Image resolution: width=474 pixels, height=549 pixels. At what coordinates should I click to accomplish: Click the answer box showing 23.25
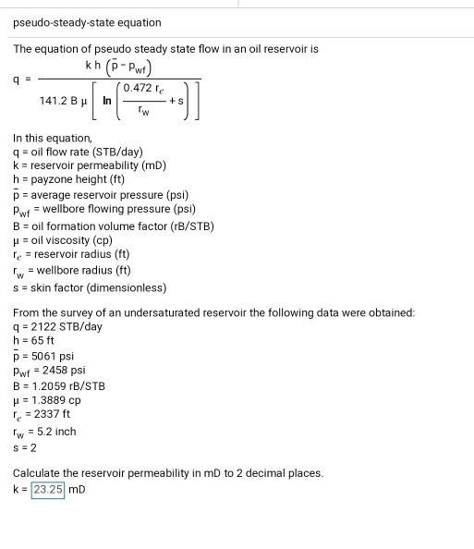pyautogui.click(x=48, y=489)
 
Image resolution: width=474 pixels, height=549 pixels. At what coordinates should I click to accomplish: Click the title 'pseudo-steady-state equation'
pyautogui.click(x=87, y=22)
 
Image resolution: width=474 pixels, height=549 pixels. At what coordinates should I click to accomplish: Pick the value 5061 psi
pyautogui.click(x=50, y=356)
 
